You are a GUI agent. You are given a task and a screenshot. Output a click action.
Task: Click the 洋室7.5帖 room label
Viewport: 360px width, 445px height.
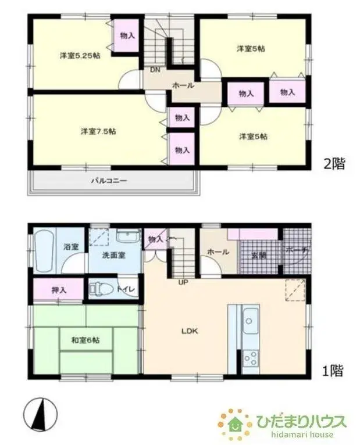(x=98, y=131)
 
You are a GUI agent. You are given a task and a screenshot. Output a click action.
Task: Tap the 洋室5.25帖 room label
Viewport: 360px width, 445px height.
(x=80, y=56)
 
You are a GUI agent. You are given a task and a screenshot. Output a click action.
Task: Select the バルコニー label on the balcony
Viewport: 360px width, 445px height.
(x=109, y=180)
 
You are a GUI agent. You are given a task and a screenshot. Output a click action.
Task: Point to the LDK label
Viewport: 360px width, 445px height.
(x=190, y=331)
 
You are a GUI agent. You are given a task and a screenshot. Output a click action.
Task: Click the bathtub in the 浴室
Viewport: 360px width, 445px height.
(x=44, y=251)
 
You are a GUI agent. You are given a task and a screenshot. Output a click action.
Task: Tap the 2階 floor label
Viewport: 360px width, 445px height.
(x=334, y=164)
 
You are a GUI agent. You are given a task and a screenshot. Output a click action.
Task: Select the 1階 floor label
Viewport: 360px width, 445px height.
(x=334, y=369)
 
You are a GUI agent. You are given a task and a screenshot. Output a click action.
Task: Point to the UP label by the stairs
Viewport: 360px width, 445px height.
(x=183, y=283)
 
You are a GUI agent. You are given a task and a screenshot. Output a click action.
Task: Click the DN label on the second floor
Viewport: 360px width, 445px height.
(x=155, y=70)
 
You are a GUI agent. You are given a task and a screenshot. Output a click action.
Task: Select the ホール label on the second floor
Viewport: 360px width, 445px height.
(x=183, y=85)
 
